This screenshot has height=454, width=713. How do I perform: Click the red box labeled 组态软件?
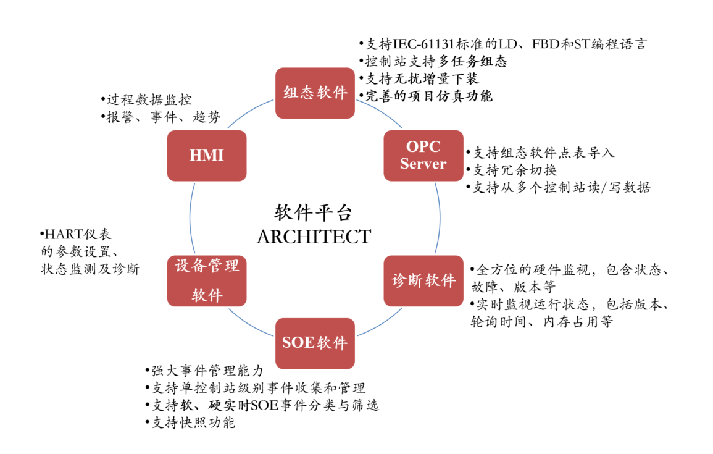[315, 93]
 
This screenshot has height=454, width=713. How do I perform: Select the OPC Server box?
[423, 156]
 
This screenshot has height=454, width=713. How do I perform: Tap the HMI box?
[207, 156]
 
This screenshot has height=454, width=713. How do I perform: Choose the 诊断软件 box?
[423, 280]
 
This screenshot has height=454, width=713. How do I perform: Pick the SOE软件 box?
[315, 343]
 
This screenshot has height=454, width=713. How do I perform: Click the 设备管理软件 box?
[207, 280]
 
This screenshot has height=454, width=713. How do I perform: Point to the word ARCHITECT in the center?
[314, 237]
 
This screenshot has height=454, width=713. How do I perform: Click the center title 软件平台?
[314, 213]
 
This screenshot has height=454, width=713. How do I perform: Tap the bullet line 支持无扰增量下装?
[422, 78]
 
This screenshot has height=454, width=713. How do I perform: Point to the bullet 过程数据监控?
[148, 99]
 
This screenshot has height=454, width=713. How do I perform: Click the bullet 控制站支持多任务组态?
[436, 61]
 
